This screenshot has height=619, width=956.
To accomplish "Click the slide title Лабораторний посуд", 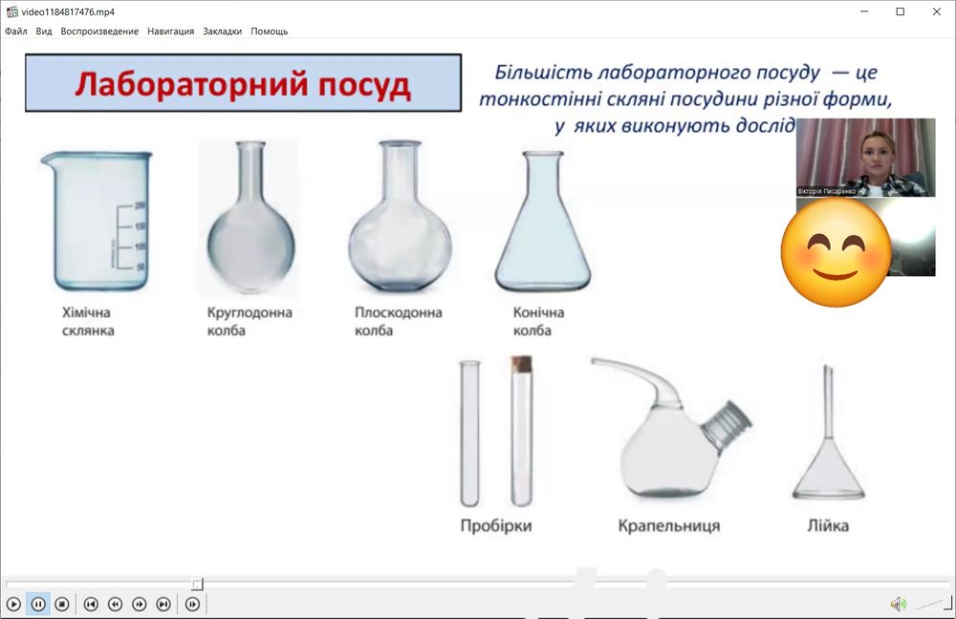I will [x=243, y=84].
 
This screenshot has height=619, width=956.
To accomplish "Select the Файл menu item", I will [x=15, y=32].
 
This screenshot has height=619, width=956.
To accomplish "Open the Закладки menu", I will [x=222, y=32].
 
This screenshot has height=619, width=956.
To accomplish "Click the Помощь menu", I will [x=269, y=32].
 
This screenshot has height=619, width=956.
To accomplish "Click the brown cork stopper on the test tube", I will [x=521, y=364].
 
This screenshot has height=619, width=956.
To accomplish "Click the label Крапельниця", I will [x=668, y=525].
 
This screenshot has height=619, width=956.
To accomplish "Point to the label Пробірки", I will [x=495, y=525].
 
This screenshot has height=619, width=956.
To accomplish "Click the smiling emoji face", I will [x=835, y=253].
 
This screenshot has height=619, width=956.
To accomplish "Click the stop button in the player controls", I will [x=61, y=604].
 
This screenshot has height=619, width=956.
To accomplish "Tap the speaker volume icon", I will [x=898, y=604].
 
